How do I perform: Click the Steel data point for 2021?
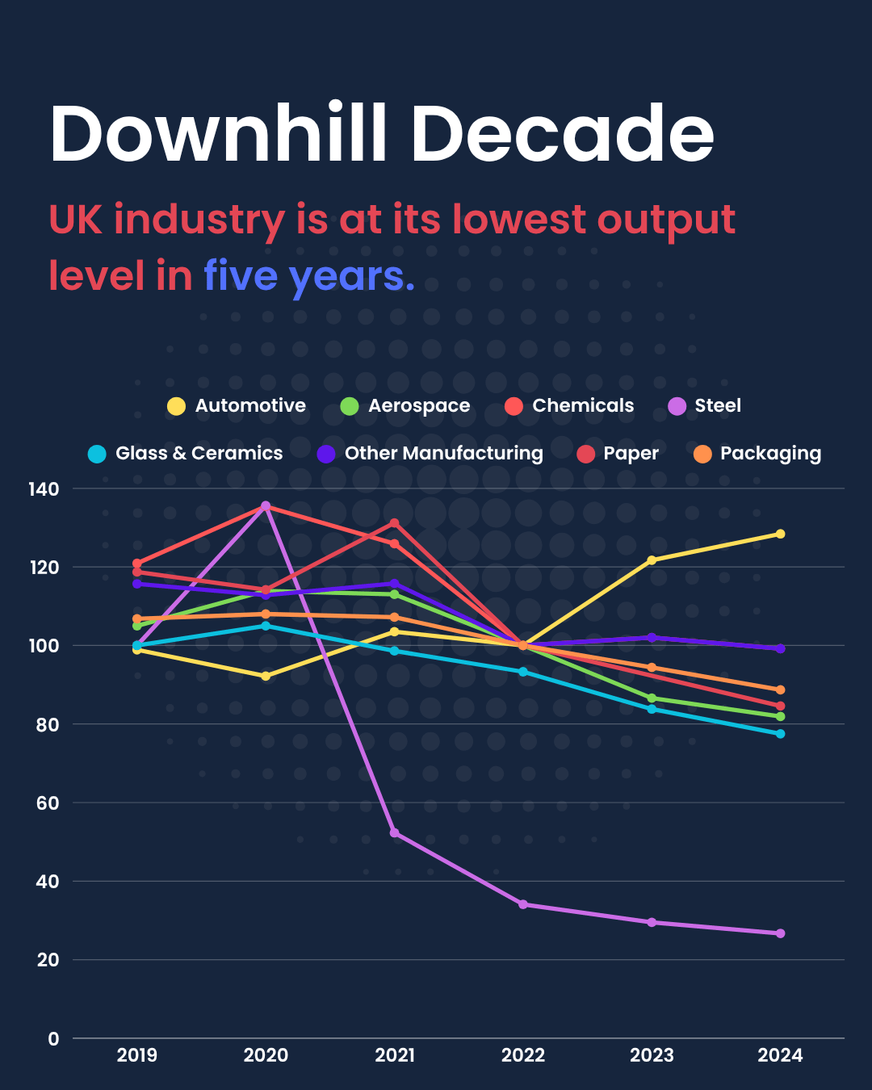click(395, 832)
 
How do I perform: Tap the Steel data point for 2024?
click(780, 933)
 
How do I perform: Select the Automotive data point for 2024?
click(780, 534)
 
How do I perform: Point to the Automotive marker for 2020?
click(266, 676)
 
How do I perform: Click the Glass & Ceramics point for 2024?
click(780, 734)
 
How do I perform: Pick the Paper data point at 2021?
click(395, 523)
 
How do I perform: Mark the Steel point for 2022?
click(523, 904)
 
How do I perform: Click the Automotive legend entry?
click(237, 406)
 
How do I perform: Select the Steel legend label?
click(717, 406)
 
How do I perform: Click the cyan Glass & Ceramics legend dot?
click(97, 454)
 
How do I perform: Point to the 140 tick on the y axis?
click(44, 489)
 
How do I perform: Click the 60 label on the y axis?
click(48, 803)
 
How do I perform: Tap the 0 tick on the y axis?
click(53, 1039)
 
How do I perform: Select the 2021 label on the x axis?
click(395, 1055)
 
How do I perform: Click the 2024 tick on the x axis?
click(780, 1055)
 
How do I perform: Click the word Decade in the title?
click(563, 134)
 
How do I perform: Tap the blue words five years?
click(308, 276)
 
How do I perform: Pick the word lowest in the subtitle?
click(518, 220)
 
